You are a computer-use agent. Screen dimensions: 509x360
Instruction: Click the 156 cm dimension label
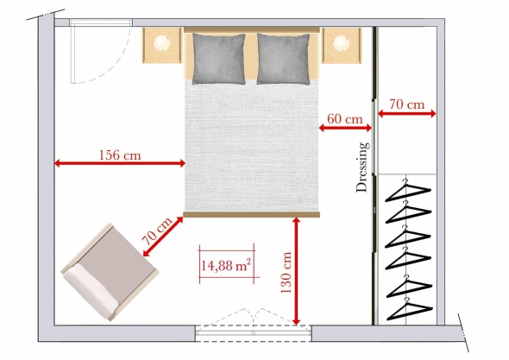[120, 155]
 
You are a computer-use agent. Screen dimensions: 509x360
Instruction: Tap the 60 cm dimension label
[344, 119]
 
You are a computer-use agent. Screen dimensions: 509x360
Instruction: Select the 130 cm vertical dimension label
[286, 272]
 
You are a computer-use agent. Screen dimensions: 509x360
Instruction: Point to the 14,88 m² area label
[226, 265]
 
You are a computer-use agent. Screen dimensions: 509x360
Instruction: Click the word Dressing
[362, 167]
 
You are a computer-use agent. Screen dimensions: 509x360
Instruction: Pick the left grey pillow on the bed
[218, 59]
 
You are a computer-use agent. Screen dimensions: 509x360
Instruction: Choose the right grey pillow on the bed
[283, 59]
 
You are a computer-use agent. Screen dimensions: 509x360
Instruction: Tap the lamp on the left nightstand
[161, 43]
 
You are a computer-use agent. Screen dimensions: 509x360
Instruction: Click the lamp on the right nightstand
[341, 43]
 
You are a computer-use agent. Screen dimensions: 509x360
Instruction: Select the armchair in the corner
[110, 272]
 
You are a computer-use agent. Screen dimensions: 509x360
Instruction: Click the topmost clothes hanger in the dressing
[408, 191]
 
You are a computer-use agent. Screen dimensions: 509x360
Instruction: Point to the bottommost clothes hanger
[409, 308]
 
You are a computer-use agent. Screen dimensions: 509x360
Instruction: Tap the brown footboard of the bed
[252, 214]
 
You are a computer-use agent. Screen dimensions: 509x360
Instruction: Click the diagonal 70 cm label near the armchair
[156, 231]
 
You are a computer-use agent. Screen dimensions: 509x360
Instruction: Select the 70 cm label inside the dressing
[407, 104]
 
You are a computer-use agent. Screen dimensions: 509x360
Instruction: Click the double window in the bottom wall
[254, 332]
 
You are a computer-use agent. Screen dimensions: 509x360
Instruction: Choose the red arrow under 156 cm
[120, 163]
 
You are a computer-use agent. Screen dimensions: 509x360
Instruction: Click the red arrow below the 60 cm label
[345, 128]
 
